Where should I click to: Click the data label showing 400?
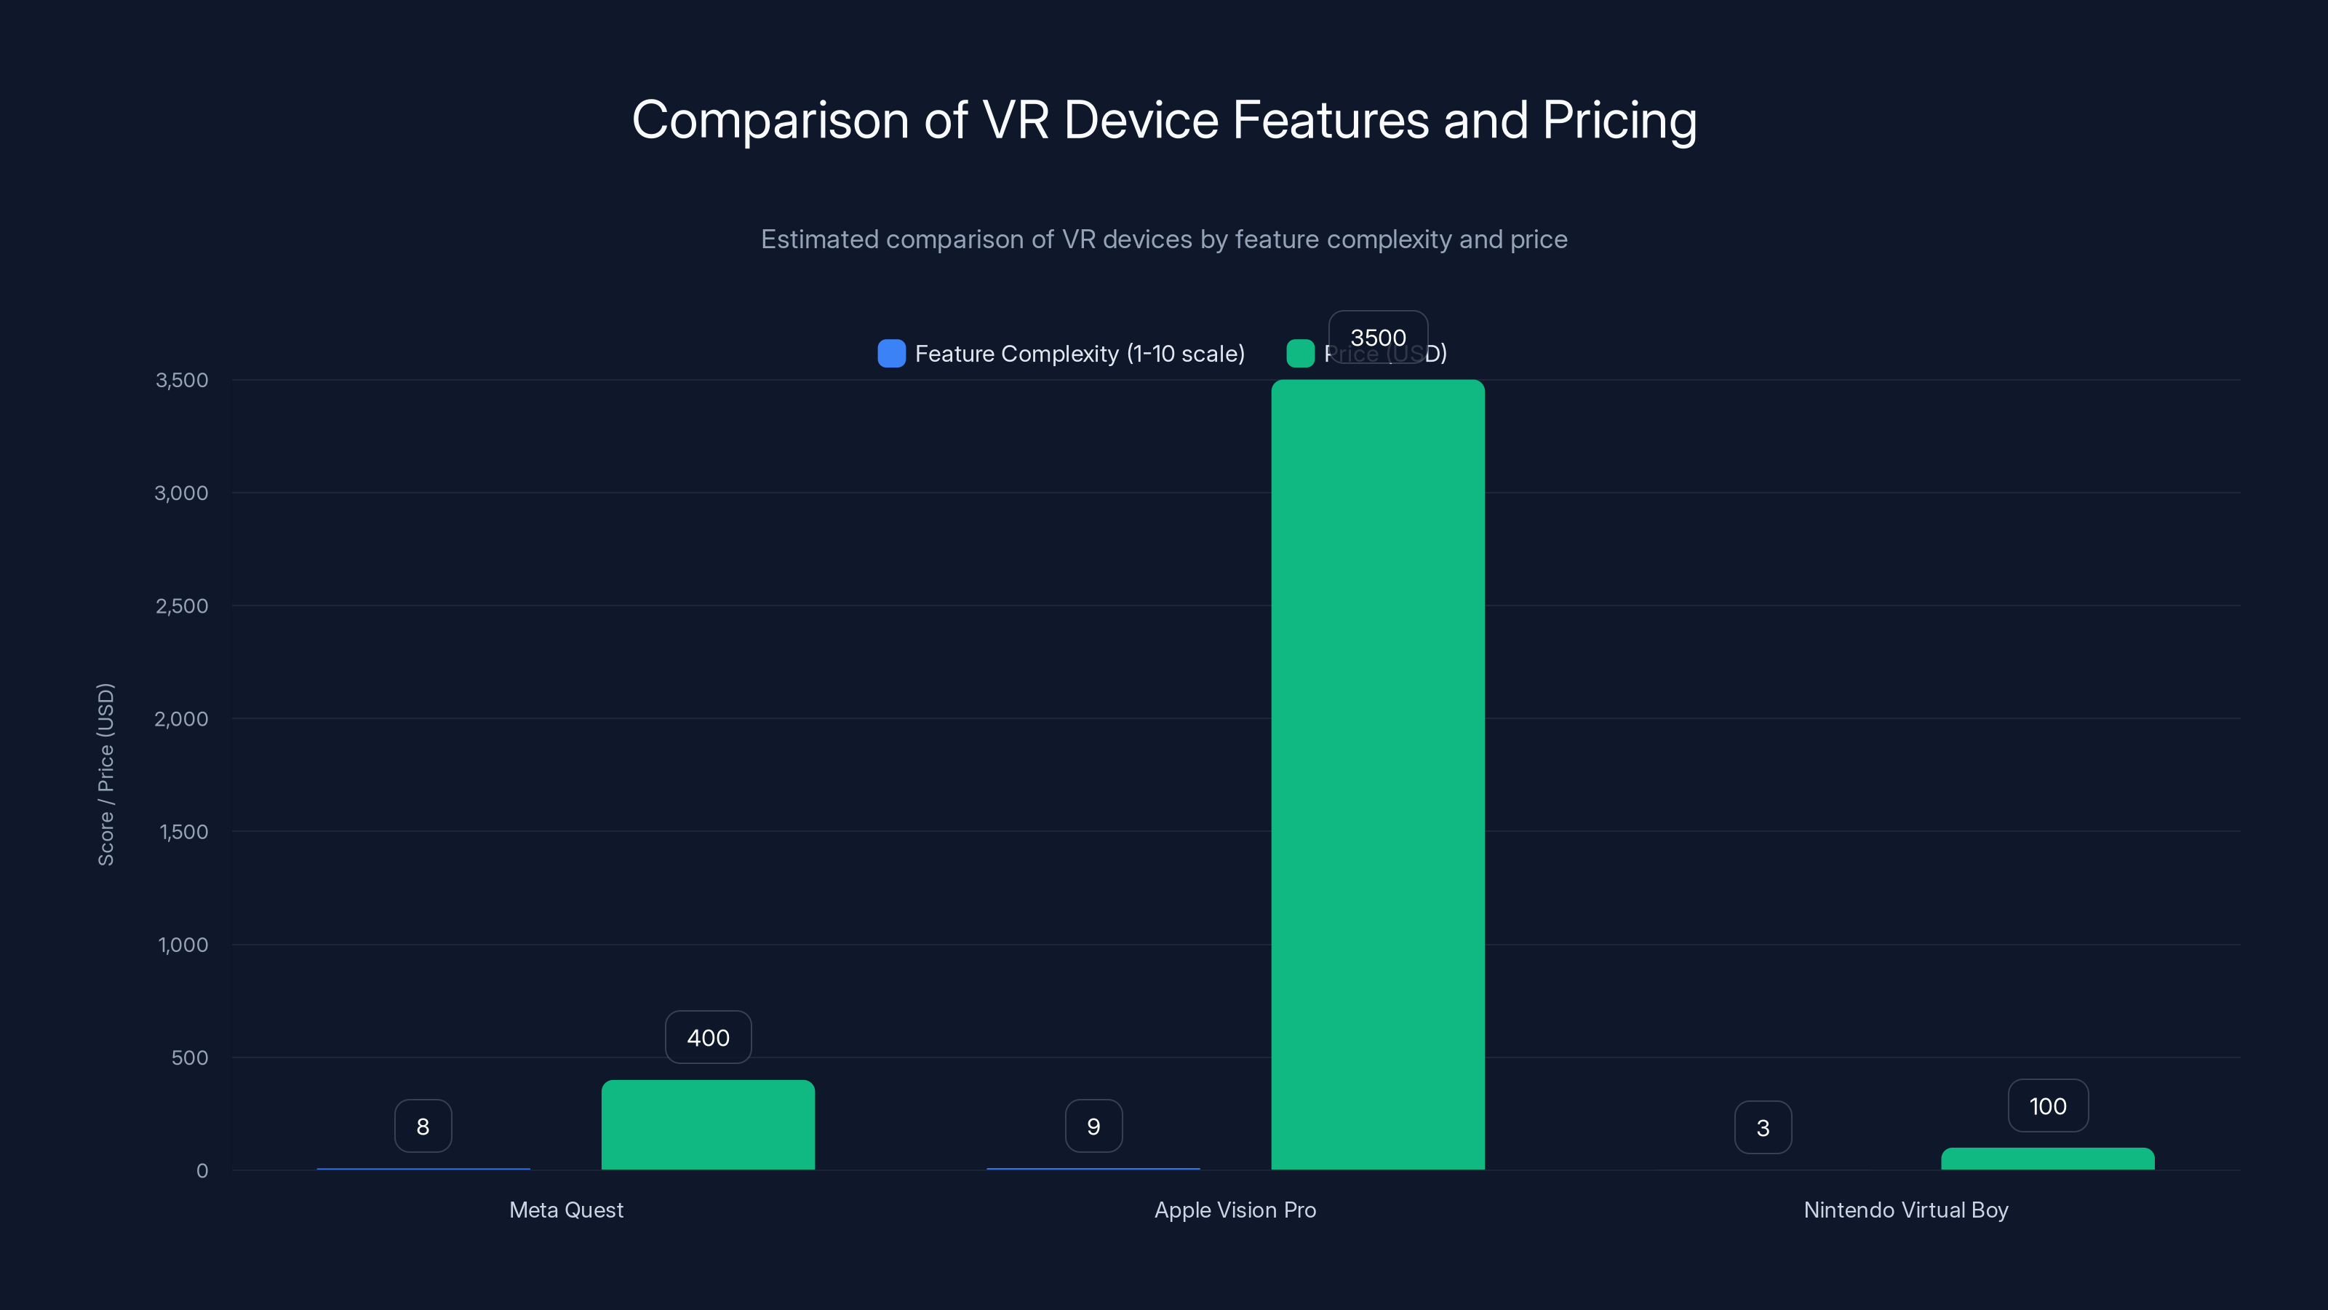(x=708, y=1037)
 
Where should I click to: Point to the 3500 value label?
(x=1377, y=337)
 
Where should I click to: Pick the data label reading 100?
(x=2047, y=1105)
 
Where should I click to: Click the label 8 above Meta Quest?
(x=423, y=1126)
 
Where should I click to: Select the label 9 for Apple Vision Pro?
(x=1093, y=1126)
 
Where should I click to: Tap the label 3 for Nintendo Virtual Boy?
(x=1762, y=1127)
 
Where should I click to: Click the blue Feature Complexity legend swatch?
(x=891, y=354)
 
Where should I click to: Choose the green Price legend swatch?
(x=1299, y=354)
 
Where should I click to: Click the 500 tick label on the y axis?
(x=189, y=1057)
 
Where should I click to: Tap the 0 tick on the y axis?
(x=202, y=1171)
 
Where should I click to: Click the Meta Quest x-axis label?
(x=566, y=1210)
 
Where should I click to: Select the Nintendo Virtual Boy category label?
(x=1905, y=1210)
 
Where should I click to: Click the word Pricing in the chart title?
(x=1619, y=119)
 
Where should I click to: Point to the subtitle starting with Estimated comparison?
(x=1163, y=239)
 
